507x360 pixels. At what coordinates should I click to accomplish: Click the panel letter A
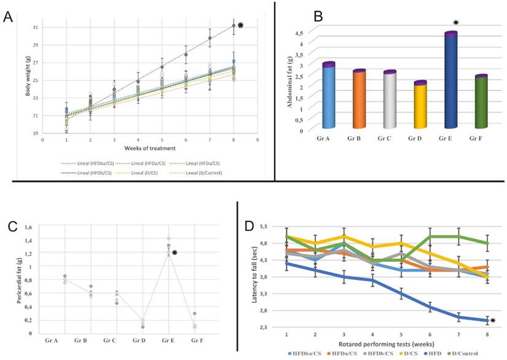[x=9, y=17]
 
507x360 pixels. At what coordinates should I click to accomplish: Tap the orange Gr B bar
[x=360, y=100]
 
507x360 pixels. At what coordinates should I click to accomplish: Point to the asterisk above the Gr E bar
[x=455, y=23]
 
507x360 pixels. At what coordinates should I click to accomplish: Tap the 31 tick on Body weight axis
[x=35, y=28]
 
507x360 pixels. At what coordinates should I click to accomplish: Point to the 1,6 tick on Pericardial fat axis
[x=27, y=227]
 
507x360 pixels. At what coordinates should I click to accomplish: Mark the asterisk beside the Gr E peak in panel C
[x=175, y=252]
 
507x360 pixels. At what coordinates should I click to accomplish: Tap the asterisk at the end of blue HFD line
[x=493, y=320]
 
